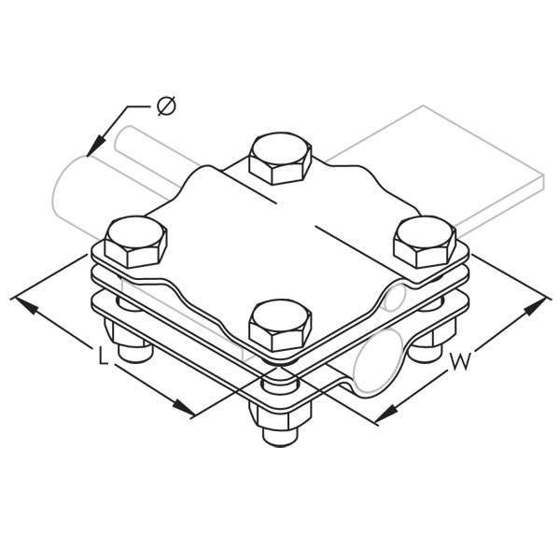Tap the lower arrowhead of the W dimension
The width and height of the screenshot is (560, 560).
pos(384,415)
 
